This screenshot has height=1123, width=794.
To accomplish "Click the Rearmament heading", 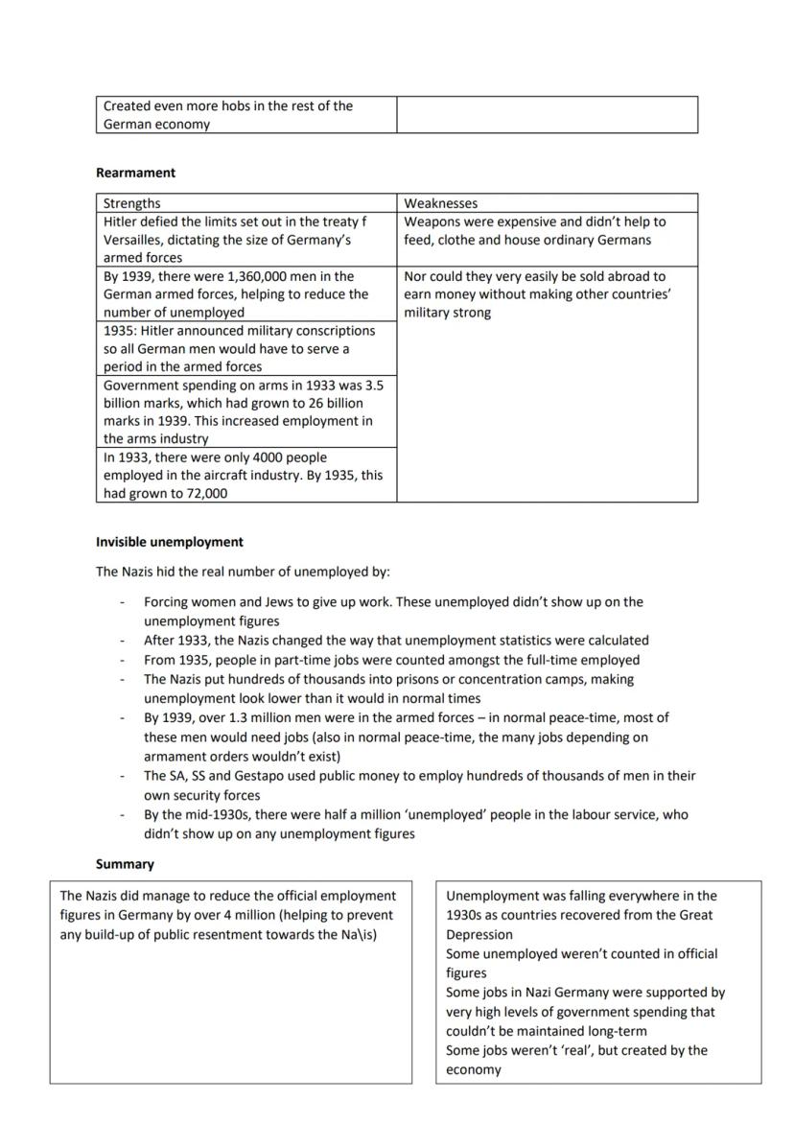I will [135, 173].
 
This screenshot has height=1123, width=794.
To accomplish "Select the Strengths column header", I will [132, 203].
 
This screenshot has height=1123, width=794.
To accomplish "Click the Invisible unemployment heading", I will [169, 542].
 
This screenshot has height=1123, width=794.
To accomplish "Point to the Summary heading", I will [125, 864].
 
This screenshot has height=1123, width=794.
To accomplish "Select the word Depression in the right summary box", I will [479, 934].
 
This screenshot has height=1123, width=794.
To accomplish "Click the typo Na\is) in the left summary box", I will [359, 934].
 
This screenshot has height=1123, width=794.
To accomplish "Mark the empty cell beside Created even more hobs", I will [547, 114].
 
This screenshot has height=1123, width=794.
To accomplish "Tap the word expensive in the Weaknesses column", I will [526, 222].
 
